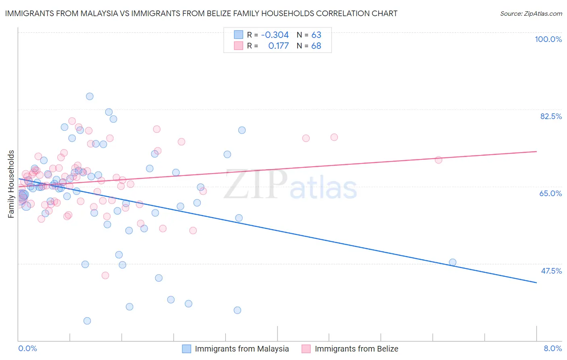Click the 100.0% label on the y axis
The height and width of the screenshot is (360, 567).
pos(548,39)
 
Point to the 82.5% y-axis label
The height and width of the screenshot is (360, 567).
pos(551,116)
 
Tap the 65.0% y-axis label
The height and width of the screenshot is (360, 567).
pos(550,193)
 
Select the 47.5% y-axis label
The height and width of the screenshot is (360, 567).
pos(551,271)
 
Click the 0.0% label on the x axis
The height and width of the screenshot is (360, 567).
pos(27,348)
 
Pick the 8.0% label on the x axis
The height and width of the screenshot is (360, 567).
pos(552,348)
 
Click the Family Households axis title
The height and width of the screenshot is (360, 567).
pos(11,184)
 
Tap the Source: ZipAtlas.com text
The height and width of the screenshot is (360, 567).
pos(531,14)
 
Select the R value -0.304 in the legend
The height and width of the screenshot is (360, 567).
pos(275,35)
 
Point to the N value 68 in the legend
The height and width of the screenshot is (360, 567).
pos(316,46)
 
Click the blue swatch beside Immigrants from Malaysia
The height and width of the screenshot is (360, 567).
pos(186,349)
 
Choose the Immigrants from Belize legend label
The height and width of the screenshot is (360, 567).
pos(356,349)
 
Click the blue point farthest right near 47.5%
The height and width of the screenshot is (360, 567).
pos(452,262)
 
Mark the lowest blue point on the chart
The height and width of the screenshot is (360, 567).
pos(87,321)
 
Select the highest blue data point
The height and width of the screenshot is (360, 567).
pos(90,96)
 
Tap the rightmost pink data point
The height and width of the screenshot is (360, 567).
pos(438,160)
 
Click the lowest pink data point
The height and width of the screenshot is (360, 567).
pos(105,275)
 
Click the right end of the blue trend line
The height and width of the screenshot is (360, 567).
pos(536,283)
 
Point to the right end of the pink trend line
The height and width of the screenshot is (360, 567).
pos(536,151)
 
